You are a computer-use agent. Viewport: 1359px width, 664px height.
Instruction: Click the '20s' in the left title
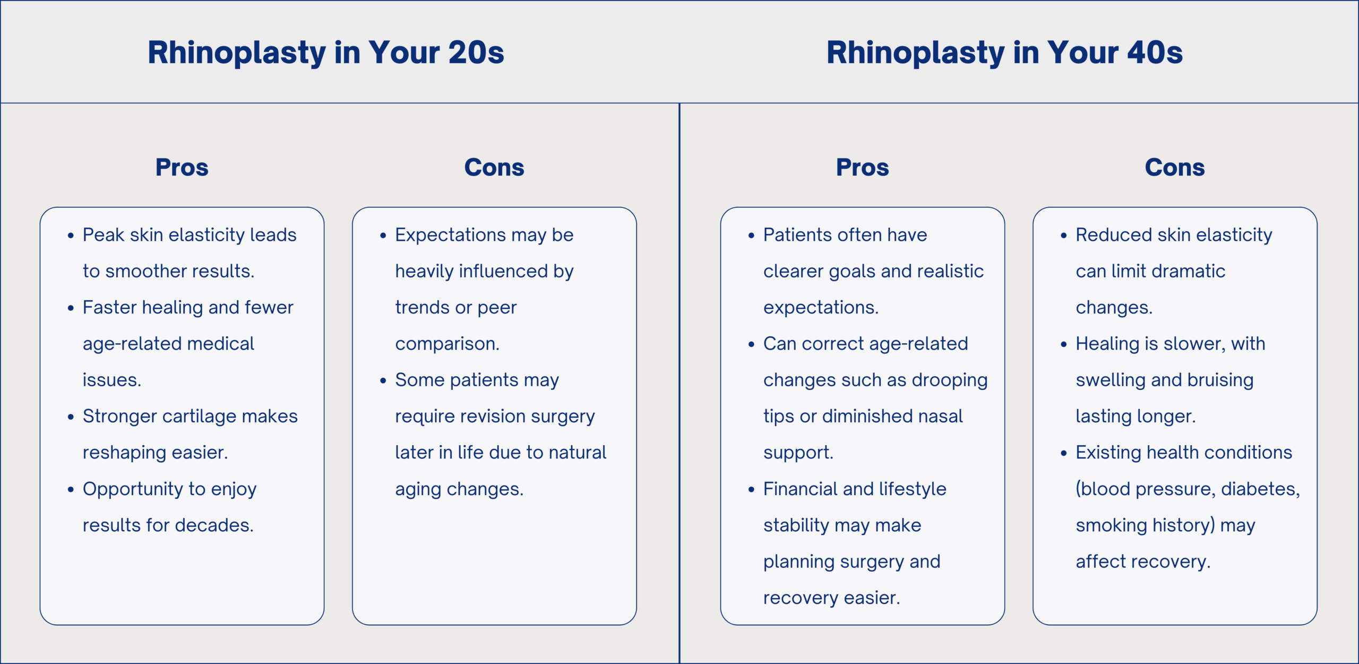pos(476,53)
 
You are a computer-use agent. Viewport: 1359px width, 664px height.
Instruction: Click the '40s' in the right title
pos(1155,53)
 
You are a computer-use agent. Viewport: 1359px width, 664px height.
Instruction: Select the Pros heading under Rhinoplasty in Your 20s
pos(182,167)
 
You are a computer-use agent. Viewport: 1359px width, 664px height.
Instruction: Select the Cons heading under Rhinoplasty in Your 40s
pos(1175,167)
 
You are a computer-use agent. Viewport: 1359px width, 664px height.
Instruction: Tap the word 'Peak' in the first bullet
pos(104,235)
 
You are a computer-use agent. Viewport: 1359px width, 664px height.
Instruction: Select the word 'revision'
pos(493,416)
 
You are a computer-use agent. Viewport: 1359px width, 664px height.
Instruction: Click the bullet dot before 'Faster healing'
pos(71,308)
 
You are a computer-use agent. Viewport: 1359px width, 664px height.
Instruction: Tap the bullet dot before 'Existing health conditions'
pos(1064,453)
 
